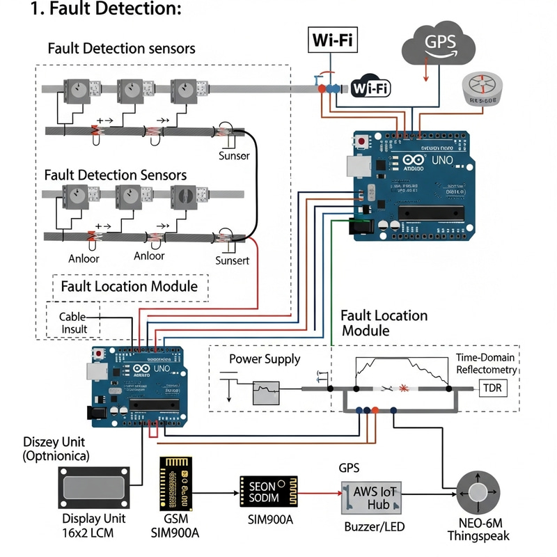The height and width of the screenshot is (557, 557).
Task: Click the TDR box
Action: point(494,388)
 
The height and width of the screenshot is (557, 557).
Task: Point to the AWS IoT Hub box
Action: point(371,496)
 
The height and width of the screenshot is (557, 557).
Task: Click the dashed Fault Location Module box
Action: point(130,287)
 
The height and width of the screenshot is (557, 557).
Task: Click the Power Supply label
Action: point(265,359)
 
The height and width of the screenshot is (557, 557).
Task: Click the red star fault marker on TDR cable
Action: point(404,387)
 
